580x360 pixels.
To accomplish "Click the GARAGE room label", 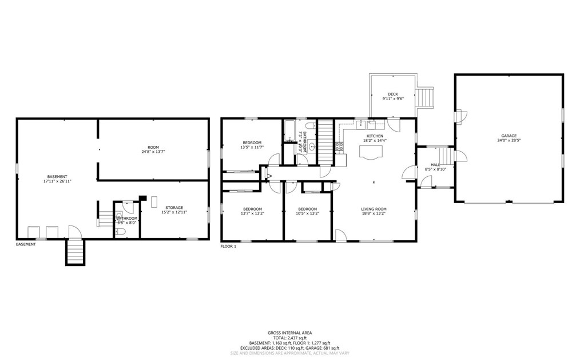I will point(509,136).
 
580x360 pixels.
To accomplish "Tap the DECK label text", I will point(392,94).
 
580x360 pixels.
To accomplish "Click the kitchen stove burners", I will point(340,147).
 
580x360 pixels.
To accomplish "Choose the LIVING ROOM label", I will point(374,209).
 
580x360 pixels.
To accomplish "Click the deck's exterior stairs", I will point(426,97).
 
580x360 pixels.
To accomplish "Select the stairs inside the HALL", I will point(444,156).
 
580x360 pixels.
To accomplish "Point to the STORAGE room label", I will point(174,207).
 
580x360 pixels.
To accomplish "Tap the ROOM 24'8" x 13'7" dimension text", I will point(153,152).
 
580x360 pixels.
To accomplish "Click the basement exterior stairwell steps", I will point(76,252).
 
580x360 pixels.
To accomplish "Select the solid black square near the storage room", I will point(142,198).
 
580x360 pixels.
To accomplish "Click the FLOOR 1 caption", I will point(228,246).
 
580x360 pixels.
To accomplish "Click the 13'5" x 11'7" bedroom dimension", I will point(252,148).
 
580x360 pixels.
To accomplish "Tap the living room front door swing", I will point(340,235).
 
